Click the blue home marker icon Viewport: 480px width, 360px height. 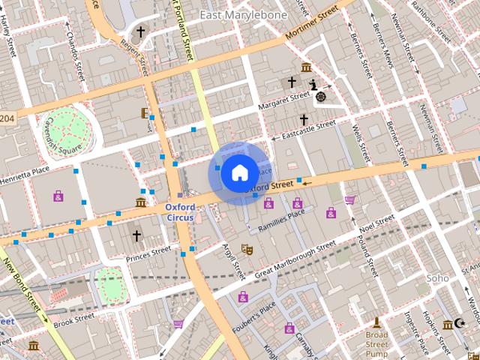pos(239,173)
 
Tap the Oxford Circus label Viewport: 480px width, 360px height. pos(180,212)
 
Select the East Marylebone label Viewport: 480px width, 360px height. pos(233,15)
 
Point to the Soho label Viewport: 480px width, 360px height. pos(437,278)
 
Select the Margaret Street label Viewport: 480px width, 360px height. pos(283,101)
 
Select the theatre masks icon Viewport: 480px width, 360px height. pos(247,248)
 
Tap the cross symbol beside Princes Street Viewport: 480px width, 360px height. pos(136,236)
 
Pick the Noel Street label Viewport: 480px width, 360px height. pos(376,224)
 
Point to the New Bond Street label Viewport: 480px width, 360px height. pos(22,288)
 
